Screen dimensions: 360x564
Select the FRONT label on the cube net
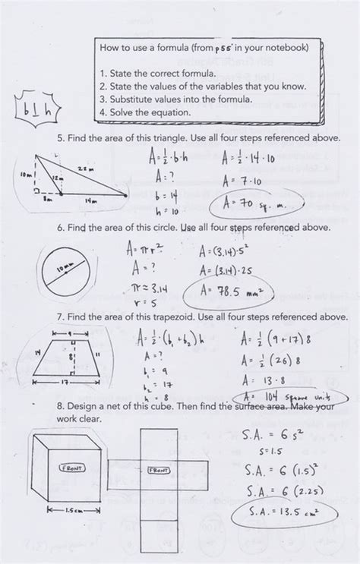(158, 470)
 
